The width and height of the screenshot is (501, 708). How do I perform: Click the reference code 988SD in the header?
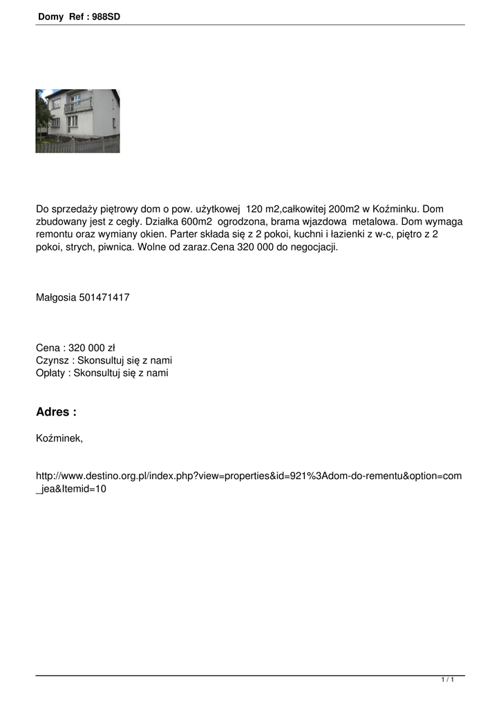tap(106, 16)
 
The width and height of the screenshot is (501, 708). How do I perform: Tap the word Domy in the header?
tap(50, 16)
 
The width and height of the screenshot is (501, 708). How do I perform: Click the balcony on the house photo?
tap(78, 107)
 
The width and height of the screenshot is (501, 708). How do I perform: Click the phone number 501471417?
tap(104, 297)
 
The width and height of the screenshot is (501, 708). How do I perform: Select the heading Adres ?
tap(56, 412)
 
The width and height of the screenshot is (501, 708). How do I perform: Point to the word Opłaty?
tap(52, 373)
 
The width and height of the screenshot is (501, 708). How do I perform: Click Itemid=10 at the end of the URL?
tap(83, 489)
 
